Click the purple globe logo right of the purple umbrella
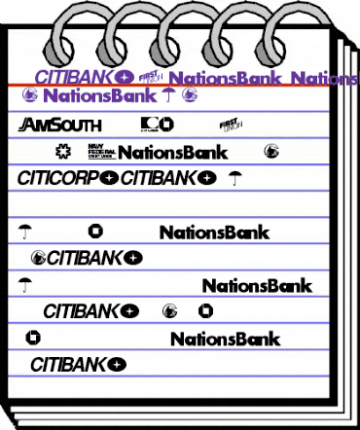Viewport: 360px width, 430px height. point(190,95)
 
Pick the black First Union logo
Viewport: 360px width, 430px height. point(230,124)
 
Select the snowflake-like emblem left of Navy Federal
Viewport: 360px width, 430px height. point(64,151)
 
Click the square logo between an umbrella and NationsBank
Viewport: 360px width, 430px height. point(94,232)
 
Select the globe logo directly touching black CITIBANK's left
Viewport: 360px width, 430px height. point(39,258)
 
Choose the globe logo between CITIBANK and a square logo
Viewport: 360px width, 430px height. point(172,312)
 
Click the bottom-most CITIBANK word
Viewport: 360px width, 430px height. point(69,366)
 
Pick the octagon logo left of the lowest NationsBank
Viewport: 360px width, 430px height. point(32,339)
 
